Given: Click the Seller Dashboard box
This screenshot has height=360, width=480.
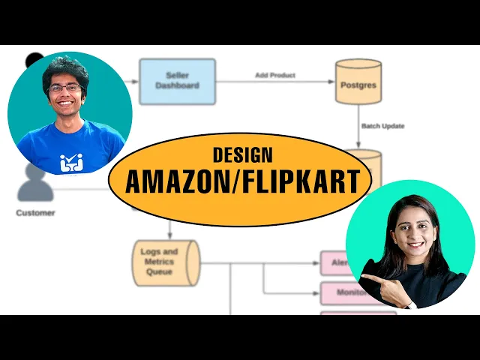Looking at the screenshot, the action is [177, 81].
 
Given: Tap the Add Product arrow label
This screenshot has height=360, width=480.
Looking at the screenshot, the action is [274, 75].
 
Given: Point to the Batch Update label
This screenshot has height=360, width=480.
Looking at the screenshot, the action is [382, 126].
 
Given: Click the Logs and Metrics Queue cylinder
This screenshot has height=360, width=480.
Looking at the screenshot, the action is [166, 263].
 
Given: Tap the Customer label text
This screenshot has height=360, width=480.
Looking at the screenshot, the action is [35, 213].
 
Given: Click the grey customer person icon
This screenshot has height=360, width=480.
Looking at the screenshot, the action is [35, 184].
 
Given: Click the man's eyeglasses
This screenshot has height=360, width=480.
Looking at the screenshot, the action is [65, 88].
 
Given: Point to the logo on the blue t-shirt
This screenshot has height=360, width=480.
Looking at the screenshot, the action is [73, 161].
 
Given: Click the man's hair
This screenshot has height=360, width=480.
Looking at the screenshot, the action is [66, 68].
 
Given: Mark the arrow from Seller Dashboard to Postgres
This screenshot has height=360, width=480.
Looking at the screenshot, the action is [274, 82].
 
